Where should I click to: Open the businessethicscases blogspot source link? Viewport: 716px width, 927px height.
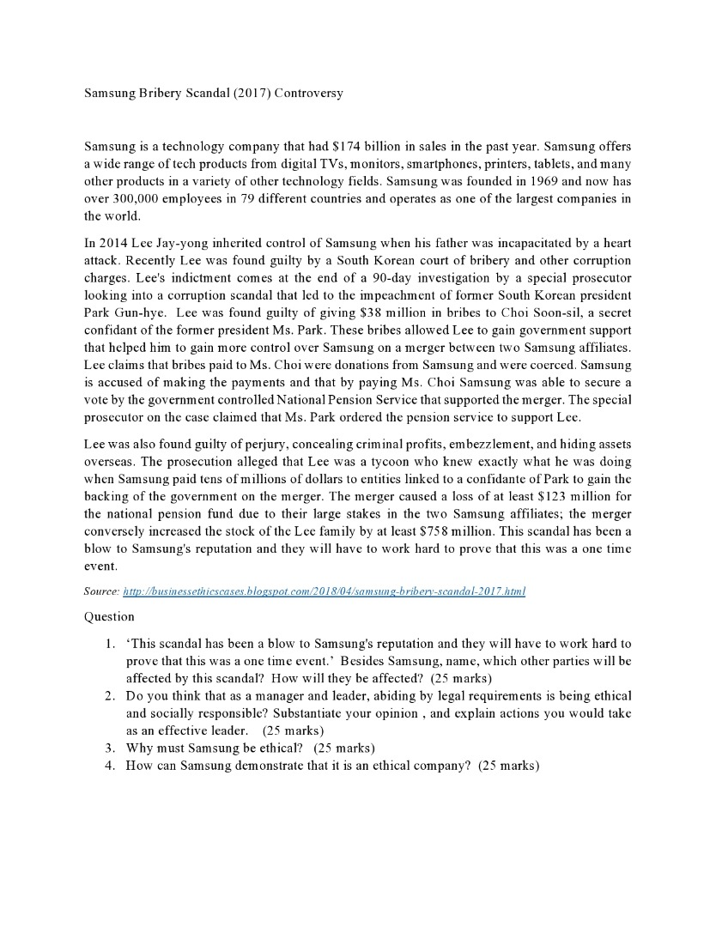(x=325, y=591)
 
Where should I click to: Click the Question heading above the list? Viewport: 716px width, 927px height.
(x=109, y=615)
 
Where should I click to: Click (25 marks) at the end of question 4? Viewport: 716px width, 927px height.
(x=509, y=765)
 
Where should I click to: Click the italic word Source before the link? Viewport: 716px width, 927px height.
(x=101, y=591)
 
